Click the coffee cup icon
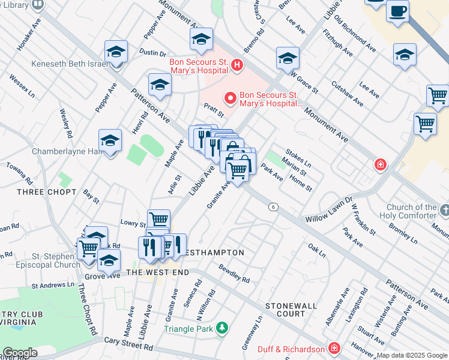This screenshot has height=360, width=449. [x=397, y=11]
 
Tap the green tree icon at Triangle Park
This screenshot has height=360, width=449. [x=222, y=328]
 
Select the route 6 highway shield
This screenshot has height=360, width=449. [x=274, y=206]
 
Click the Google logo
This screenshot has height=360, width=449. [x=19, y=353]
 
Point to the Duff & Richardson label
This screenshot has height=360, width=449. [x=291, y=349]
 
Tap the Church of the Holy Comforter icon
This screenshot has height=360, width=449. [x=444, y=211]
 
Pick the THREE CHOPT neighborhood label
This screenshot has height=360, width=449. [x=46, y=192]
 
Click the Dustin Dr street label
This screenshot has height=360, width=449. [x=152, y=53]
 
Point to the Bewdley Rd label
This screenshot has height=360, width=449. [x=234, y=274]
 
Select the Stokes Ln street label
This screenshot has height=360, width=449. [x=298, y=158]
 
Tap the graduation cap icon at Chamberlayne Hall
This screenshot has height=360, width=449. [x=110, y=142]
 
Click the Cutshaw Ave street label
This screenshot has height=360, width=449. [x=348, y=94]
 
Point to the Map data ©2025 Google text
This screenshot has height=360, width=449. [x=412, y=355]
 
